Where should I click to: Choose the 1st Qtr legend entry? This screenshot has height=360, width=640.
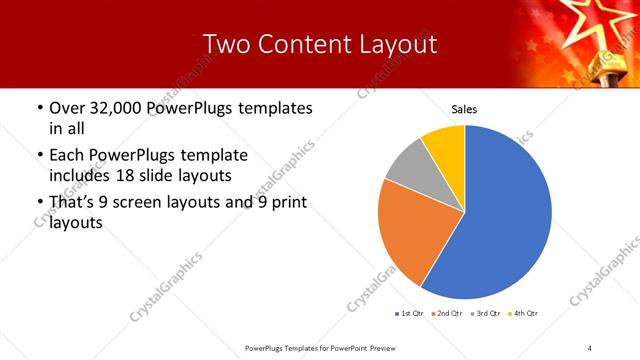(409, 313)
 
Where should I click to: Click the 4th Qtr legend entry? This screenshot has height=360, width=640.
(525, 313)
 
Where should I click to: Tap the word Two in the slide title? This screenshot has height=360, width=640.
(225, 44)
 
